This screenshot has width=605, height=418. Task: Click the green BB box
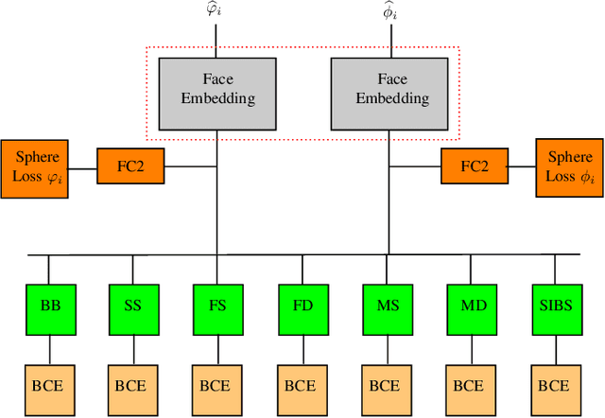pyautogui.click(x=49, y=306)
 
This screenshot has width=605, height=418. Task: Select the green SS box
pyautogui.click(x=132, y=306)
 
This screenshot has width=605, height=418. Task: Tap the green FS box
pyautogui.click(x=216, y=306)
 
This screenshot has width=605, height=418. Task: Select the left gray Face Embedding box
pyautogui.click(x=216, y=90)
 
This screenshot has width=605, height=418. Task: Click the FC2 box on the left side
pyautogui.click(x=130, y=167)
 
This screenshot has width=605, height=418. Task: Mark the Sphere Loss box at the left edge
pyautogui.click(x=33, y=168)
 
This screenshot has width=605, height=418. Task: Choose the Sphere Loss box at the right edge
pyautogui.click(x=569, y=167)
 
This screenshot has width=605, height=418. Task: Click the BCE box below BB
pyautogui.click(x=49, y=386)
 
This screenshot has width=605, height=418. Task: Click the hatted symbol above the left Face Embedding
pyautogui.click(x=217, y=12)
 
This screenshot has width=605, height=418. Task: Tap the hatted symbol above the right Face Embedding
pyautogui.click(x=387, y=12)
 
